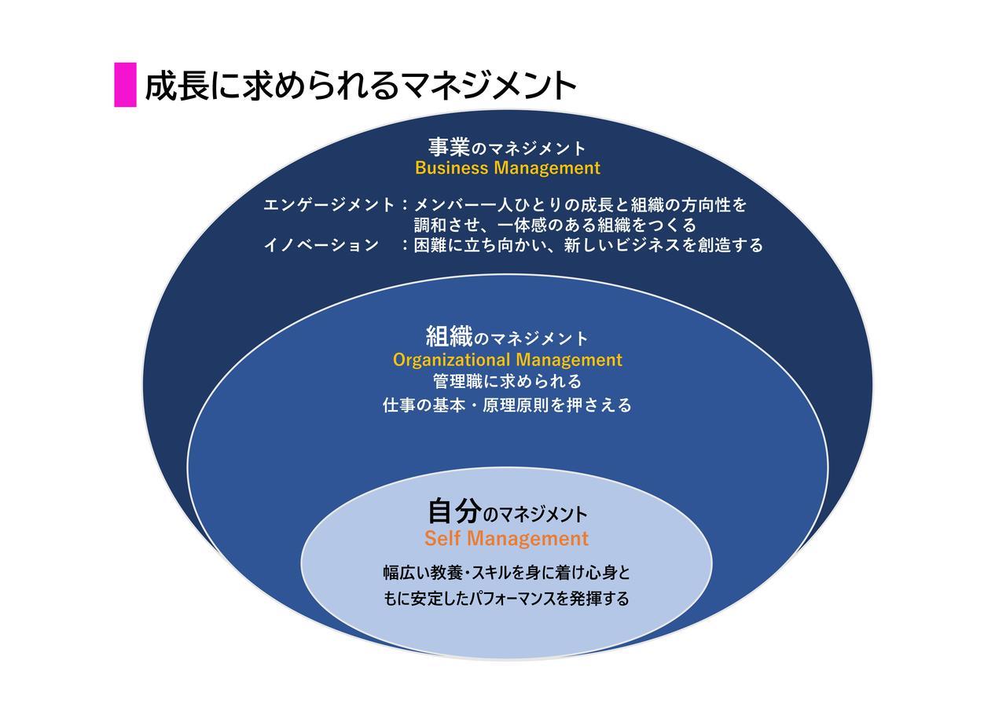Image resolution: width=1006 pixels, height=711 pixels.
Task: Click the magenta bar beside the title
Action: [125, 85]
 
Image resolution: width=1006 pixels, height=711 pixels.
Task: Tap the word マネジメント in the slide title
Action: [488, 86]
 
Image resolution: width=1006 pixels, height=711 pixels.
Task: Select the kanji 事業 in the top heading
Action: [449, 147]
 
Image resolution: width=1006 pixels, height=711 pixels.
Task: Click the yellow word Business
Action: [452, 168]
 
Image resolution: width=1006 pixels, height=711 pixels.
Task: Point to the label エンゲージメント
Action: [329, 205]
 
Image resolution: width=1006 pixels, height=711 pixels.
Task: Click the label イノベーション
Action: [321, 245]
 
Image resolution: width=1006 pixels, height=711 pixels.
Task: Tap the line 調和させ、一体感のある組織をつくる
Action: [555, 225]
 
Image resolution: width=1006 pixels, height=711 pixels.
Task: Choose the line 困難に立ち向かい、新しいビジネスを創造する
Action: [589, 245]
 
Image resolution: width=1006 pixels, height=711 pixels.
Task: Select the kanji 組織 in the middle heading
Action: [449, 337]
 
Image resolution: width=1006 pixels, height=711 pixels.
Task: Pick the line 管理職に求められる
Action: [508, 382]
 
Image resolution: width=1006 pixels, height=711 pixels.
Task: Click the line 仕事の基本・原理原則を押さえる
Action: [508, 405]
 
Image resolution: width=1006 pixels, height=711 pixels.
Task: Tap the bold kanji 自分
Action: [454, 511]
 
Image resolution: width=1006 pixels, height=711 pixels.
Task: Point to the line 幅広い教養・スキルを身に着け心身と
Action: [507, 573]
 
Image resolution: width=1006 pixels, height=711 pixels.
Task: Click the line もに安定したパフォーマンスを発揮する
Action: [507, 599]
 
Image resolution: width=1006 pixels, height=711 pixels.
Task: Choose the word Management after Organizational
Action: [570, 361]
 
